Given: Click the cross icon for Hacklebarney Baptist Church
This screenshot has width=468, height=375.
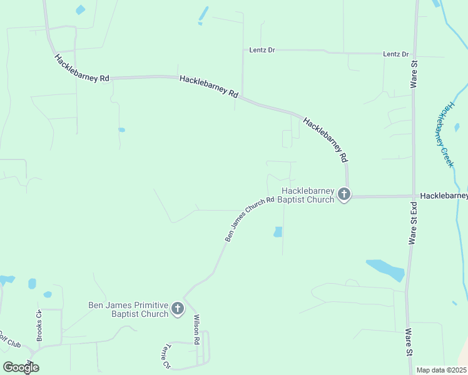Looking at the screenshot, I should [343, 195].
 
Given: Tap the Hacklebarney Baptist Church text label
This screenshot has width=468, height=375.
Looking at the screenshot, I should [308, 195].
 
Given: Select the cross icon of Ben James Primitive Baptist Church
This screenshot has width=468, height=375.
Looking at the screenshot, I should [178, 309].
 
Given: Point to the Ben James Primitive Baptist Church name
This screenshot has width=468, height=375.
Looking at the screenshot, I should [128, 309].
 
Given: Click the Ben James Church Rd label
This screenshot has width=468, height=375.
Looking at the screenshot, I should [250, 219].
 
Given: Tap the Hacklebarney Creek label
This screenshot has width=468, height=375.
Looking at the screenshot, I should [445, 135].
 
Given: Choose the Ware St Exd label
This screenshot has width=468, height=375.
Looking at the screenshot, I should [413, 222].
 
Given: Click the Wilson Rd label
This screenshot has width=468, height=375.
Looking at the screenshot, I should [196, 329].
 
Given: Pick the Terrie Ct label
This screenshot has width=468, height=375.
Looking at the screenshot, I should [166, 356].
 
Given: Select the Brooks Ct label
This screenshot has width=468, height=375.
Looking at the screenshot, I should [39, 326].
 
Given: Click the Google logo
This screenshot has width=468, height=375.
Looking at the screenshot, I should [21, 367].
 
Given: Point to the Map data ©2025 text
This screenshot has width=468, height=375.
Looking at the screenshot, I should [441, 370].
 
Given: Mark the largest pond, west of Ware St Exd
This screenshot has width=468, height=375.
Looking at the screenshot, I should [386, 269].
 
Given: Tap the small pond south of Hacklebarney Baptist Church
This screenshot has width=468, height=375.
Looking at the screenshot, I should [278, 232].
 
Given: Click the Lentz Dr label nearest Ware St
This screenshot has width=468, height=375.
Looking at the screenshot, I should [395, 54].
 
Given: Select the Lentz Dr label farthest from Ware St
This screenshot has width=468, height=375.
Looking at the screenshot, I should [262, 49].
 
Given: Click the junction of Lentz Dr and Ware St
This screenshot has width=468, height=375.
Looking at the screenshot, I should [414, 54].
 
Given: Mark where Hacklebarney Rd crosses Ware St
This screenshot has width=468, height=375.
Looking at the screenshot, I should [413, 196].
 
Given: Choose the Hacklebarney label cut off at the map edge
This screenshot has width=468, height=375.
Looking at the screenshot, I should [444, 196].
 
